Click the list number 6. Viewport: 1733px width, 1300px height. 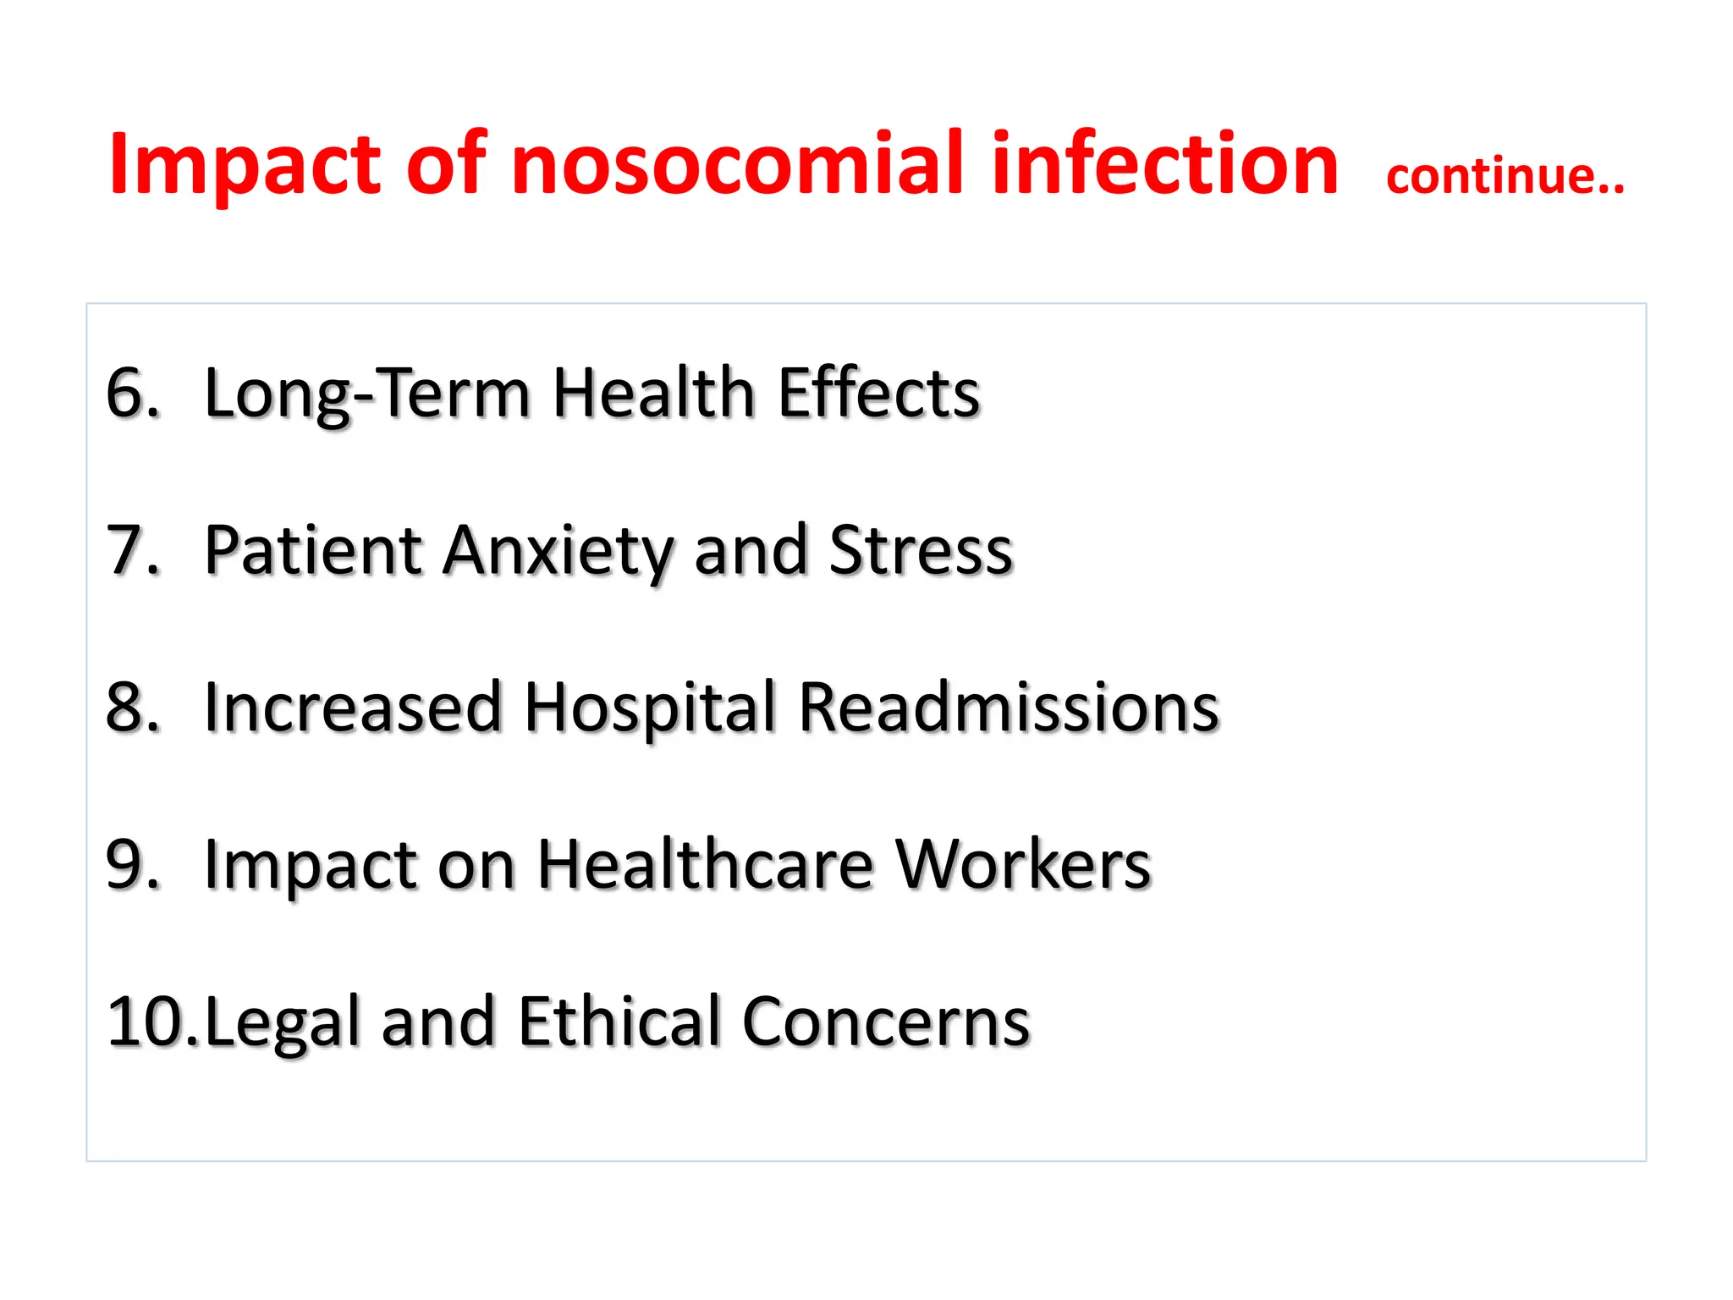point(132,393)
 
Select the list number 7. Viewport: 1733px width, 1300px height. point(132,550)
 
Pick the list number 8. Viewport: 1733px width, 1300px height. point(132,707)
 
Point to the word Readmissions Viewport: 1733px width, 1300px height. point(1008,707)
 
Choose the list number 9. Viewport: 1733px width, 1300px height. point(132,864)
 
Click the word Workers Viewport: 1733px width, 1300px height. point(1023,864)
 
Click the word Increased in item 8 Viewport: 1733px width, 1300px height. point(353,707)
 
